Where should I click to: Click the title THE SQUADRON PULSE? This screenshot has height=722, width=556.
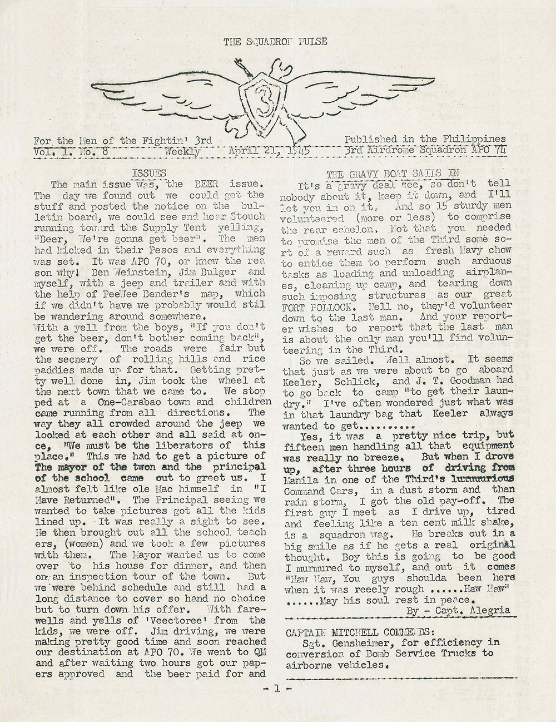click(x=275, y=42)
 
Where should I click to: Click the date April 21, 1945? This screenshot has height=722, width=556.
click(x=269, y=150)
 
